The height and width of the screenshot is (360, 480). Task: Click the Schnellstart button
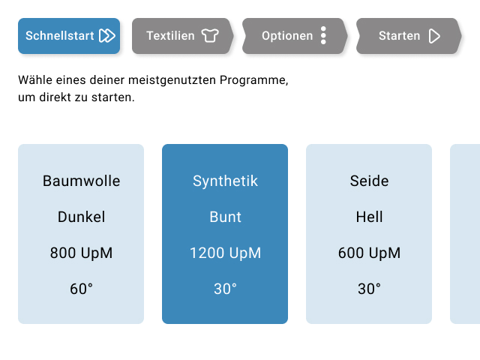[x=69, y=36]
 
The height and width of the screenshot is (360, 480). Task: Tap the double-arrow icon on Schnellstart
[x=107, y=36]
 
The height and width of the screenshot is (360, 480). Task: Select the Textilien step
[x=183, y=36]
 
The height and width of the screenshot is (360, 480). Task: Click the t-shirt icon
[x=210, y=36]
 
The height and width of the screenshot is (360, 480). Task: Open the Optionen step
[x=295, y=36]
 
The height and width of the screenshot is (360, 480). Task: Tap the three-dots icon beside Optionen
[x=323, y=35]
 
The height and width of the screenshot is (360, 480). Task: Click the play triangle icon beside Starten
[x=434, y=36]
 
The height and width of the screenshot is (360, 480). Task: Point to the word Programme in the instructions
[x=254, y=80]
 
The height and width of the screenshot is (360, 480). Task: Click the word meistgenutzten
[x=172, y=80]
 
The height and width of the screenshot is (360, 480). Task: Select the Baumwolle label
[x=81, y=181]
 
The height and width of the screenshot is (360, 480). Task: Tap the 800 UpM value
[x=81, y=253]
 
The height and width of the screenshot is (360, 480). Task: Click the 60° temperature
[x=81, y=289]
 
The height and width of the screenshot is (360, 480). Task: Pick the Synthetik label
[x=225, y=181]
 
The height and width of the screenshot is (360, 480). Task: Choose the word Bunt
[x=225, y=217]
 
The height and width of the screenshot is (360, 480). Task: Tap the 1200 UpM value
[x=225, y=253]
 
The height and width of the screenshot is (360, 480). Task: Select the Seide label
[x=369, y=181]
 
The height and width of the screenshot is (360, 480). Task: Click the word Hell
[x=369, y=217]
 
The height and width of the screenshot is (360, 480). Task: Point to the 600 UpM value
[x=369, y=253]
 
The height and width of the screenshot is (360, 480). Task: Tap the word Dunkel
[x=81, y=217]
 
